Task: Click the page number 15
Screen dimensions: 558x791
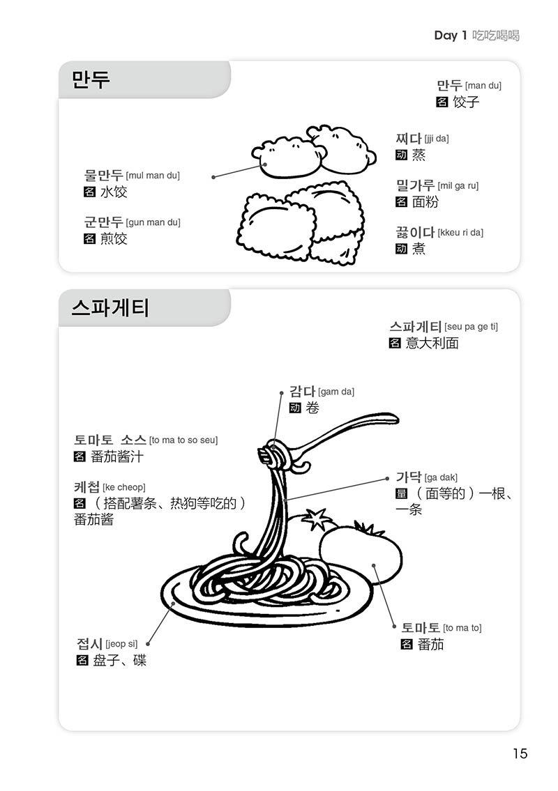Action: click(x=520, y=753)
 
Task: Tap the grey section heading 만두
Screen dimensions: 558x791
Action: click(x=91, y=80)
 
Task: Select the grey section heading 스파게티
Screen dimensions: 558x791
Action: click(x=110, y=307)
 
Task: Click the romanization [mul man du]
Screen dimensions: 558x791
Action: click(x=152, y=176)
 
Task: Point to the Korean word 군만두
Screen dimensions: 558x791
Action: click(x=103, y=222)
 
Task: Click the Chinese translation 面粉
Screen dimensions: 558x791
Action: click(x=425, y=202)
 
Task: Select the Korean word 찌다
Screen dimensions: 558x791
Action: click(x=409, y=139)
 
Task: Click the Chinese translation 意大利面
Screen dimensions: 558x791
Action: click(x=432, y=343)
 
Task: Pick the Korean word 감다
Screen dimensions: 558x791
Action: click(x=303, y=392)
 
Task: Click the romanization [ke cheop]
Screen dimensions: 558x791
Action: click(x=124, y=487)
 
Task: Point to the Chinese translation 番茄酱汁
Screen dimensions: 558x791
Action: click(x=116, y=457)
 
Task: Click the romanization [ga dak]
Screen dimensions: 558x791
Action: click(x=441, y=477)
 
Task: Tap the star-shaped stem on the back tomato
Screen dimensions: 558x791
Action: click(x=315, y=519)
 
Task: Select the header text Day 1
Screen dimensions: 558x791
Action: click(x=450, y=36)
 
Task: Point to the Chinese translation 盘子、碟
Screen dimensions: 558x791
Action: click(x=119, y=661)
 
